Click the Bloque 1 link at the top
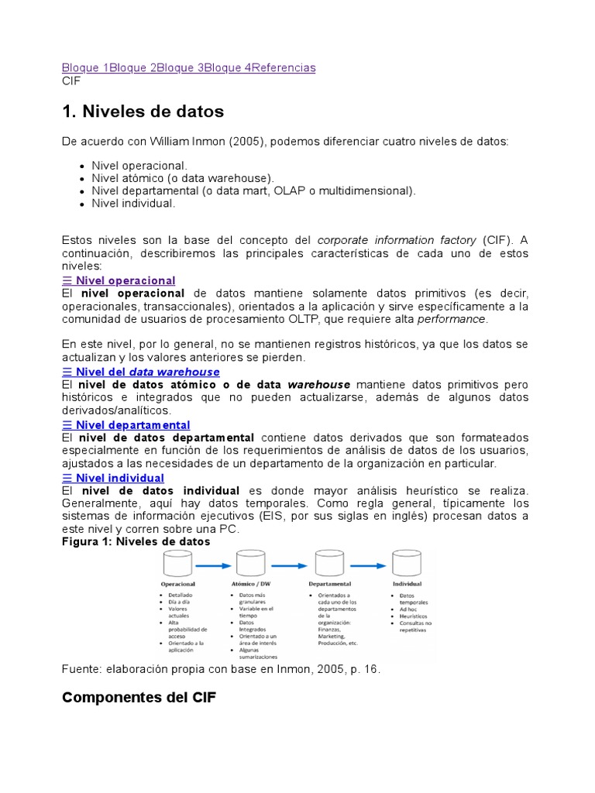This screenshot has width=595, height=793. pos(85,67)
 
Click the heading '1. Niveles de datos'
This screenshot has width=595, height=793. pos(143,112)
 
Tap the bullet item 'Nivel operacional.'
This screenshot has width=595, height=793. pos(139,166)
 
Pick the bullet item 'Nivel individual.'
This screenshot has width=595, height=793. pos(134,203)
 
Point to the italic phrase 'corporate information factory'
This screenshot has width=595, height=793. pos(397,241)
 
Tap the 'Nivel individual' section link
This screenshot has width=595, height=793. pos(119,478)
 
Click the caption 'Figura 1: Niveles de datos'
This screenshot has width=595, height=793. pos(136,541)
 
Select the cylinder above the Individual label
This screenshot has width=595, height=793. pos(407,563)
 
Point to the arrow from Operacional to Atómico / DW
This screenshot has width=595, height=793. pos(215,565)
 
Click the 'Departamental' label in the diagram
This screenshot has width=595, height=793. pos(329,583)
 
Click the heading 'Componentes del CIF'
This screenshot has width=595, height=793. pos(139,697)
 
